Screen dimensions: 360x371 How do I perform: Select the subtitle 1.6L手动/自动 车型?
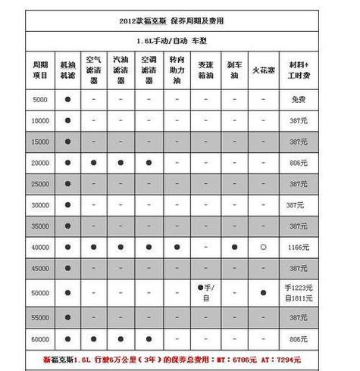coord(179,37)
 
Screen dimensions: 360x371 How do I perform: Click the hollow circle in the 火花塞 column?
coord(262,247)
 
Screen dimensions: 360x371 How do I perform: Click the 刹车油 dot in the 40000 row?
coord(234,247)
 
